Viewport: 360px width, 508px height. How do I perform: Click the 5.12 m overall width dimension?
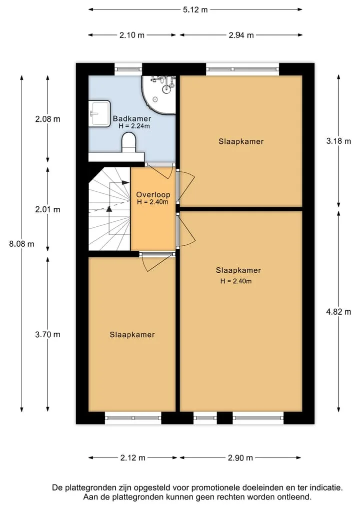tap(195, 9)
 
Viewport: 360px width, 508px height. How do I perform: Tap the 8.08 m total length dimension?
tap(21, 244)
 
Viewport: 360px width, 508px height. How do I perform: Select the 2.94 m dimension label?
tap(241, 35)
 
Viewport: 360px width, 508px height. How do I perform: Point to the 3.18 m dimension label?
tap(338, 141)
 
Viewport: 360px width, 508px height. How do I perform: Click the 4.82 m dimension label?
tap(338, 312)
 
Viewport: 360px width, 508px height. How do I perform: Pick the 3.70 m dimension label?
tap(47, 334)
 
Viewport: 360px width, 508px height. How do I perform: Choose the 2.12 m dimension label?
tap(133, 458)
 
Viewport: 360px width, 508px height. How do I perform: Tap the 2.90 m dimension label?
tap(240, 458)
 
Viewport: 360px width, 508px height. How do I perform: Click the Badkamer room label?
tap(132, 118)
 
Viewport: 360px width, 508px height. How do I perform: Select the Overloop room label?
tap(153, 195)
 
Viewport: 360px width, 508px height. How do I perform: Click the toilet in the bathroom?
tap(129, 142)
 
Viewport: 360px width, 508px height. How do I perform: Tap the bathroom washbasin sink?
tap(99, 113)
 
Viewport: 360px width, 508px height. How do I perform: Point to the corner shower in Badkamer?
tap(159, 94)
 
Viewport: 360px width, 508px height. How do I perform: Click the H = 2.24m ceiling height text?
tap(134, 126)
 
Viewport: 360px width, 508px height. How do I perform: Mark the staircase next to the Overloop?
tap(109, 209)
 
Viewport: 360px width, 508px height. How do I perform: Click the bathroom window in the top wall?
tap(128, 69)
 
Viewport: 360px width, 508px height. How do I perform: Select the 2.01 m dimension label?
tap(47, 210)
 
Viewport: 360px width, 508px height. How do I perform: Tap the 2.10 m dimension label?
tap(132, 35)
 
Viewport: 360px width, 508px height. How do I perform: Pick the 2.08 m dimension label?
tap(47, 119)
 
